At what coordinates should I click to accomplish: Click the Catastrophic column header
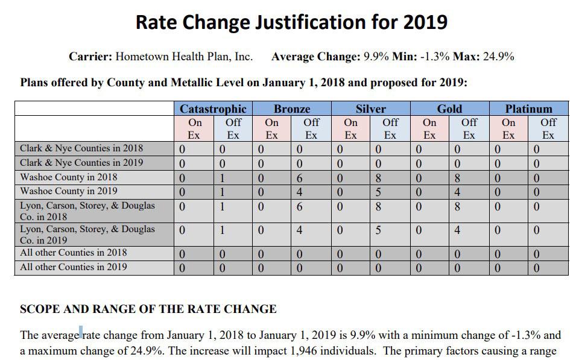[x=213, y=109]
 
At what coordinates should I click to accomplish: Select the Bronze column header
[x=291, y=109]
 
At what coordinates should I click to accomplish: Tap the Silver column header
[x=370, y=109]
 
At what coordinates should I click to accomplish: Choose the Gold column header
[x=449, y=109]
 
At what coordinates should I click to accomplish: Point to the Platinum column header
[x=528, y=109]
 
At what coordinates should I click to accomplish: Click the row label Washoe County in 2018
[x=69, y=177]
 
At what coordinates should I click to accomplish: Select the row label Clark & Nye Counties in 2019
[x=81, y=163]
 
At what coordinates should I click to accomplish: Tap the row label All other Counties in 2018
[x=74, y=253]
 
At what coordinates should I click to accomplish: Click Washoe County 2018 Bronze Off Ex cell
[x=299, y=178]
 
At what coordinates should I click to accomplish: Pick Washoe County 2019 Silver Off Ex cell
[x=378, y=192]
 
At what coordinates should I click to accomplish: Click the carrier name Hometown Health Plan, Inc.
[x=184, y=57]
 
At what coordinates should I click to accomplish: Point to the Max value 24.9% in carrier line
[x=498, y=57]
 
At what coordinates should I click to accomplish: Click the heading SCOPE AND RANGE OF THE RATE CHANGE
[x=148, y=309]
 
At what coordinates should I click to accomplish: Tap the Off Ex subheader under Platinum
[x=548, y=128]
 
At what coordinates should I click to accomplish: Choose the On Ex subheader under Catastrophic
[x=194, y=128]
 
